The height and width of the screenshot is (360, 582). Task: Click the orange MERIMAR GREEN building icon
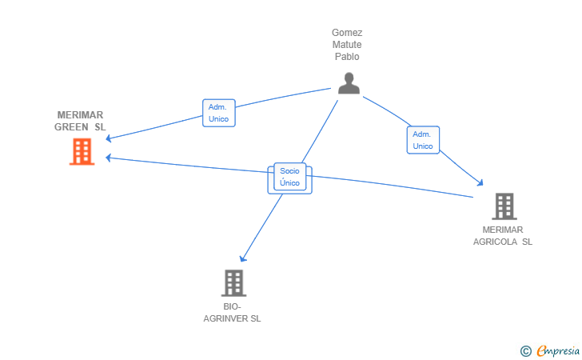coord(82,151)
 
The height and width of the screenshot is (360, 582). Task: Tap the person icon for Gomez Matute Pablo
coord(349,83)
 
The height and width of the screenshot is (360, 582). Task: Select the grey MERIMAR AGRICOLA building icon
coord(504,206)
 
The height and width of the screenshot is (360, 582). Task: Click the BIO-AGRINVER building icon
coord(233,283)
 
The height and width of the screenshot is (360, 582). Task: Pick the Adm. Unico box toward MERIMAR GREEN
coord(219,113)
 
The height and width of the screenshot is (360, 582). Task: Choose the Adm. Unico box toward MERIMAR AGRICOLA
coord(423,140)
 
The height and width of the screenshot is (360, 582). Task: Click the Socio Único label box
coord(290,177)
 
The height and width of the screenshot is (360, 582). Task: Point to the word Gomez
coord(347,33)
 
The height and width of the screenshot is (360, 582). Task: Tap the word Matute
coord(347,45)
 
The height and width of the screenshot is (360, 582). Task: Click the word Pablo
coord(347,57)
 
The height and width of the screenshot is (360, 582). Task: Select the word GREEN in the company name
coord(71,127)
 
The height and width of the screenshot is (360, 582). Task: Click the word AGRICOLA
coord(495,242)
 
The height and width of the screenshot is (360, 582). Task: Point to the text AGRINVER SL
coord(232,318)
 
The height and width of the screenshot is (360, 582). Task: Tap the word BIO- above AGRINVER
coord(232,306)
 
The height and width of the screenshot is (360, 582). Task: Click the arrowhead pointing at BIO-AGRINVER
coord(243,258)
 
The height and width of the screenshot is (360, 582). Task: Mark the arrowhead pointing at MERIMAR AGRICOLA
coord(480,182)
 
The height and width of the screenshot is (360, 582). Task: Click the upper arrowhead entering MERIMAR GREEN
coord(109,138)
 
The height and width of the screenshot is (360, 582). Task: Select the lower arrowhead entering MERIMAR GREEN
coord(109,158)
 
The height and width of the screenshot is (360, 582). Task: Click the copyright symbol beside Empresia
coord(526,351)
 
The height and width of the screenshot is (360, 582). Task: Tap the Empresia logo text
coord(558,350)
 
